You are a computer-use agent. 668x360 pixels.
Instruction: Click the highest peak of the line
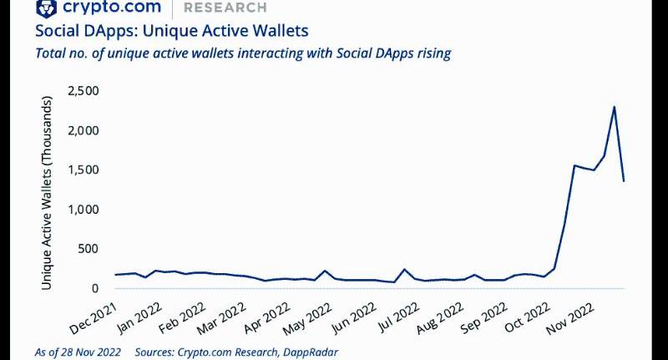click(614, 107)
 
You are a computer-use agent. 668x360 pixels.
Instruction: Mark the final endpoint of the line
click(625, 180)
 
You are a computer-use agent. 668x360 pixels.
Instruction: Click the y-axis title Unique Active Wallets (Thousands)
click(48, 194)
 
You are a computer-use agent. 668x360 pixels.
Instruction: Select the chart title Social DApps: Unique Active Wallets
click(171, 31)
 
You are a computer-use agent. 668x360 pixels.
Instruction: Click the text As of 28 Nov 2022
click(77, 351)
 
